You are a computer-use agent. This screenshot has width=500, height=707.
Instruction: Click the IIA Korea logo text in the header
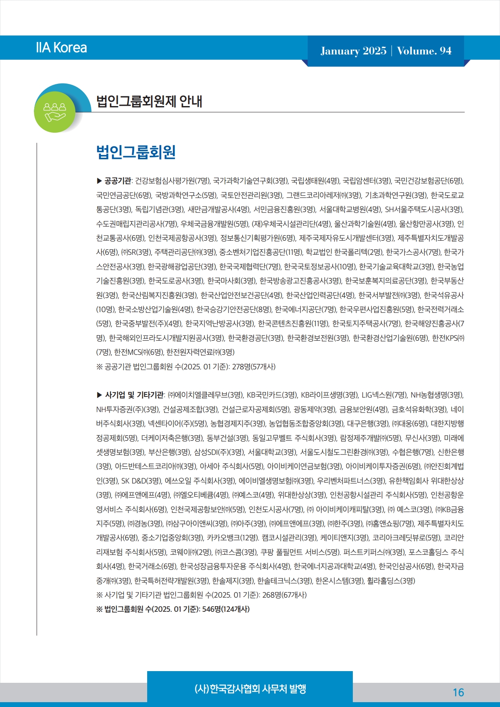61,48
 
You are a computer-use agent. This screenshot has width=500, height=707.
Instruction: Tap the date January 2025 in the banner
353,51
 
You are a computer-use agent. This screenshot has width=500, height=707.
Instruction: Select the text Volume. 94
424,51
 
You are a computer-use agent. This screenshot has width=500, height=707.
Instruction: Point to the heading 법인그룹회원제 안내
149,101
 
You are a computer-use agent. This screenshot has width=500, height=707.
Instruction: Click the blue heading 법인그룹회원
136,152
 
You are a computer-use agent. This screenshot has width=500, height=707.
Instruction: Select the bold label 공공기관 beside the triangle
117,181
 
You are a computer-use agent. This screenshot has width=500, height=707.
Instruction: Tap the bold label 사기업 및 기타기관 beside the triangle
134,395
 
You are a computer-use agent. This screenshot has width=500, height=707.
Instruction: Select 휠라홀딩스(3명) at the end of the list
391,581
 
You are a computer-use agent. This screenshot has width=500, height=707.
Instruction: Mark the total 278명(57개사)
254,367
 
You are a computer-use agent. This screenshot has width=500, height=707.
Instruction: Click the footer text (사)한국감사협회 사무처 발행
250,689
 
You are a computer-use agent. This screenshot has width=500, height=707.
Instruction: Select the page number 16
458,692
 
